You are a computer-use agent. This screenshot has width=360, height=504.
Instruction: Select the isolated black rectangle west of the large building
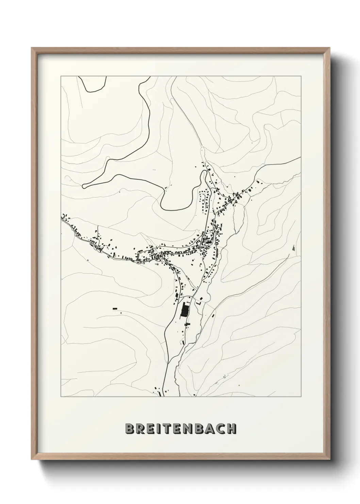click(115, 309)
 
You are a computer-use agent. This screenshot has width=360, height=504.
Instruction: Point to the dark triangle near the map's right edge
click(293, 248)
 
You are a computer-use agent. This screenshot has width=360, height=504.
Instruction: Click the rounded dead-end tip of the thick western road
click(84, 186)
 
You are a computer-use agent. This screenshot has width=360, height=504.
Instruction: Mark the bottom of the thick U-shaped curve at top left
click(91, 91)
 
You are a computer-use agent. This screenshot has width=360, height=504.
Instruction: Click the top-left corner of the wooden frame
click(32, 48)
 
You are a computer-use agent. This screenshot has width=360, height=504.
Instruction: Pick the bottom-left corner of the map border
click(61, 397)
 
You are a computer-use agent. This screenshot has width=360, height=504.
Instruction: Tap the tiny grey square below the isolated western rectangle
click(121, 312)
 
